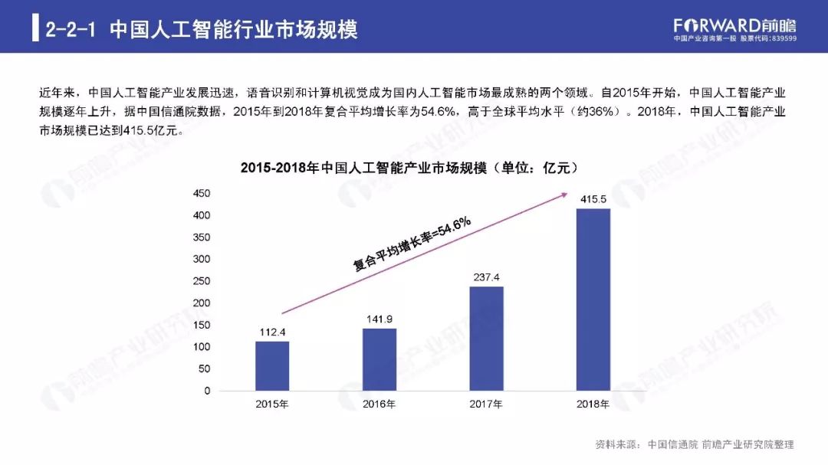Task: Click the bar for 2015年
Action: [272, 365]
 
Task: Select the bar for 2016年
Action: [379, 359]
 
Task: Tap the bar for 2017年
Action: [486, 338]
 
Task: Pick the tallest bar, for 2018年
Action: [593, 299]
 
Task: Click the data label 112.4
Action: [272, 332]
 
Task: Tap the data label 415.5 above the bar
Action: [593, 199]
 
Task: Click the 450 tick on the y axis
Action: [201, 193]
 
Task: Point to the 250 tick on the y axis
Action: [201, 281]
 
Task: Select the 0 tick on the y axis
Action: [206, 391]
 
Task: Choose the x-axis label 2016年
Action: [379, 404]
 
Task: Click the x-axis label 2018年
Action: [593, 404]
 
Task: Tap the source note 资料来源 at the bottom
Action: [694, 444]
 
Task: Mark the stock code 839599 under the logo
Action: [782, 38]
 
